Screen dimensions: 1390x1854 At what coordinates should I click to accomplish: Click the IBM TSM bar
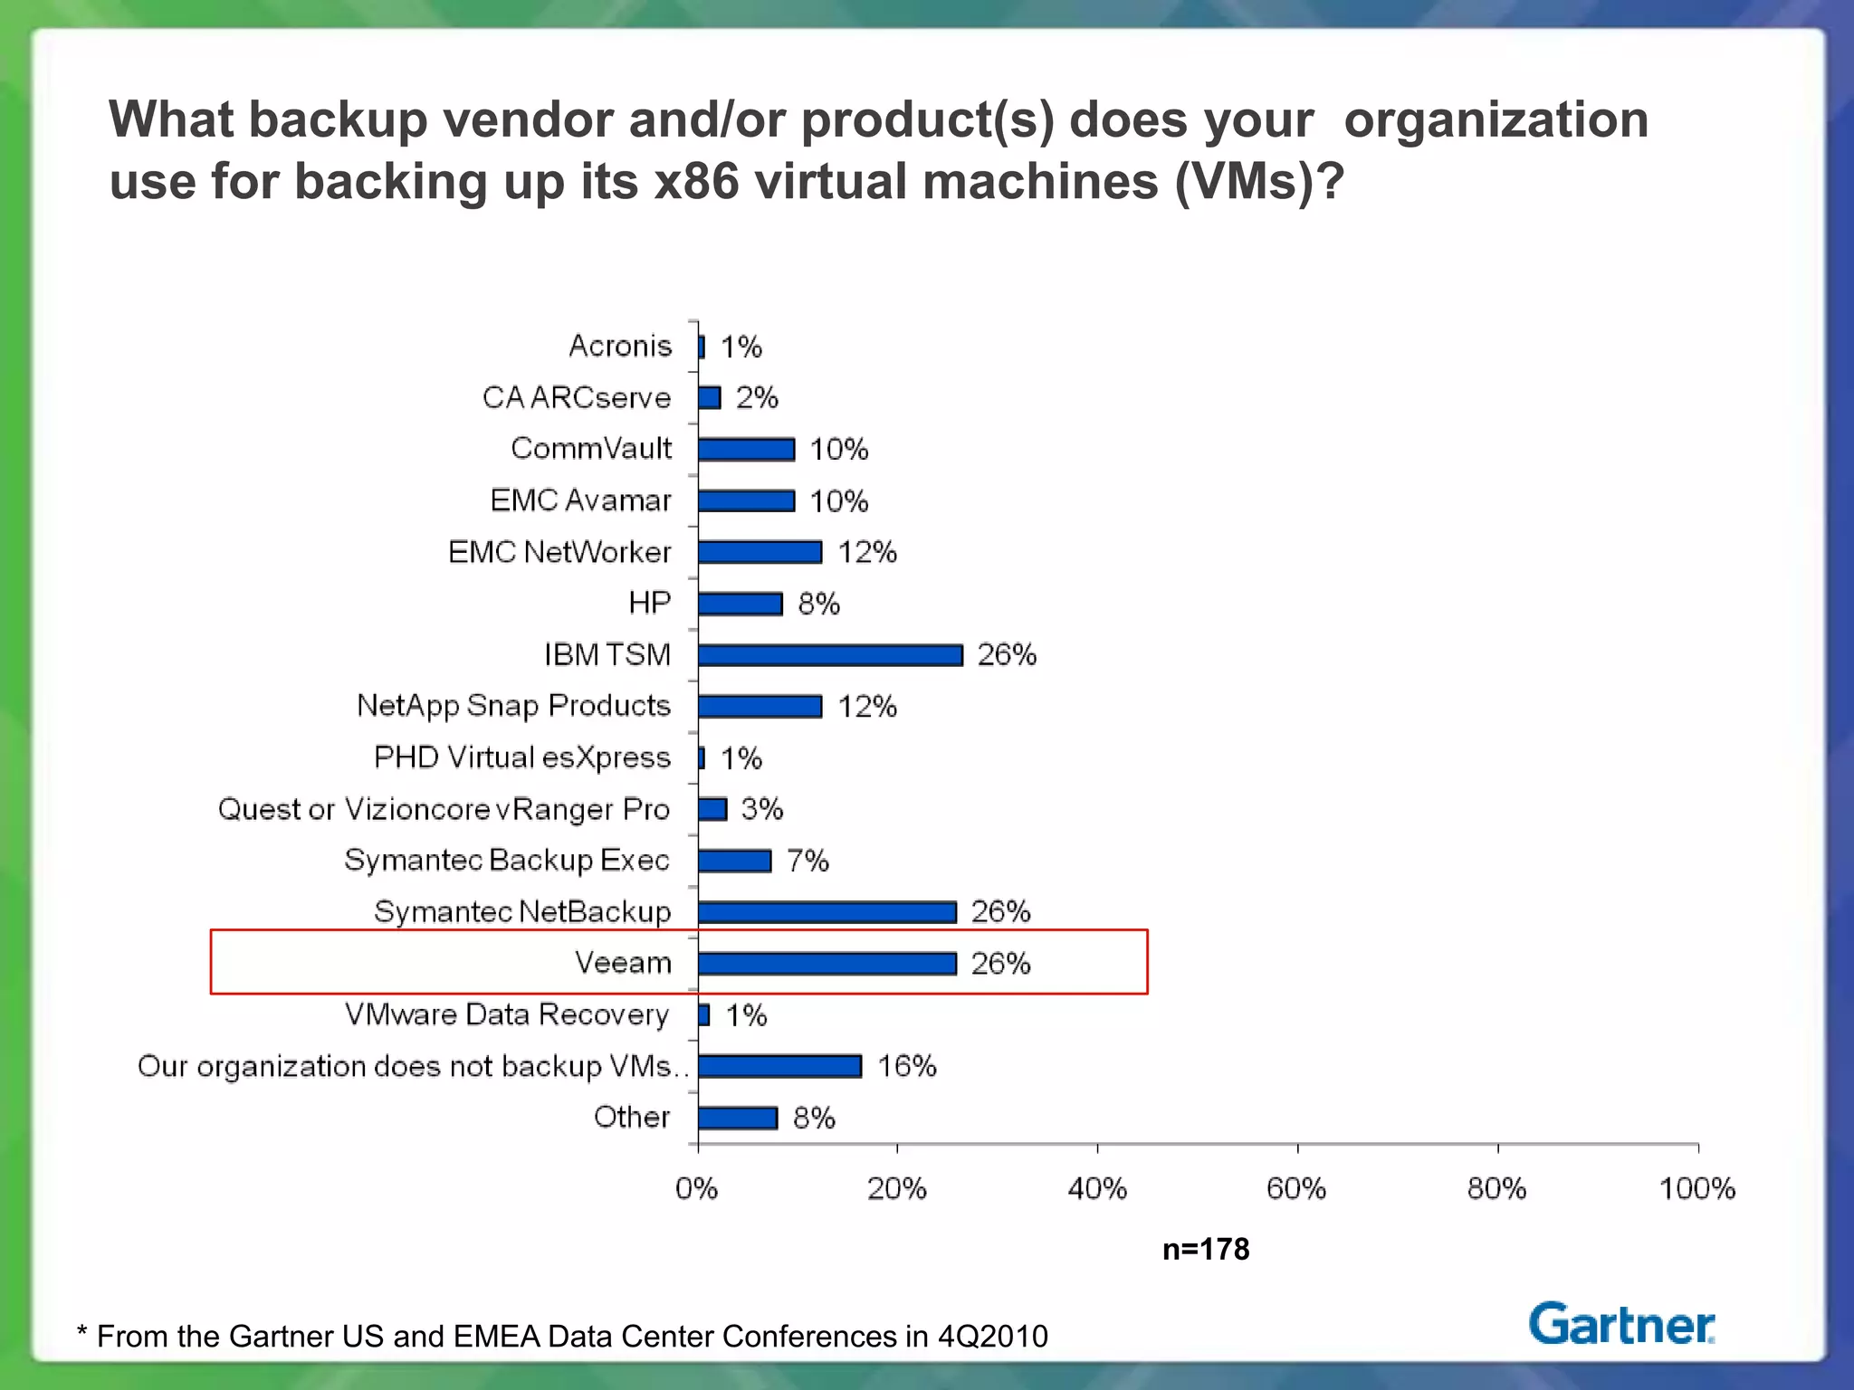tap(830, 655)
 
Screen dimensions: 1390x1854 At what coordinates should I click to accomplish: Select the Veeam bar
tap(827, 964)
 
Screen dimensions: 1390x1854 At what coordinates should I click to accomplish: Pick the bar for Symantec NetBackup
tap(827, 912)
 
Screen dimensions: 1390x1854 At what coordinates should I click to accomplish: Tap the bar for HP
tap(740, 604)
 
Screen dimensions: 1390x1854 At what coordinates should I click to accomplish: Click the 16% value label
tap(906, 1066)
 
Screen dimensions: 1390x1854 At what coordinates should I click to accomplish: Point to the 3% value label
tap(761, 809)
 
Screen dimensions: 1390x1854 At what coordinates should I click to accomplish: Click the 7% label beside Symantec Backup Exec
tap(808, 861)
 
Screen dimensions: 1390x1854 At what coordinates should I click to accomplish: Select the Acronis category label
tap(620, 346)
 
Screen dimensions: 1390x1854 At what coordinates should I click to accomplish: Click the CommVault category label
tap(591, 448)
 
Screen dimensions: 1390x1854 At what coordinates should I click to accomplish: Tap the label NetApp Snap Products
tap(513, 706)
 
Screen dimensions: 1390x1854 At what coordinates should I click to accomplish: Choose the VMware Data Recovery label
tap(507, 1014)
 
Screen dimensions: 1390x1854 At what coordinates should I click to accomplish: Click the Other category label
tap(632, 1117)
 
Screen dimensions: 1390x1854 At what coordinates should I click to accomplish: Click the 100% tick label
tap(1696, 1188)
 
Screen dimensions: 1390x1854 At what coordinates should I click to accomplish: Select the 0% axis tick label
tap(697, 1188)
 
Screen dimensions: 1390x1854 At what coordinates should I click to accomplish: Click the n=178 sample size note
tap(1205, 1249)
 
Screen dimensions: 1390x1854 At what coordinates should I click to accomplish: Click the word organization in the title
tap(1496, 119)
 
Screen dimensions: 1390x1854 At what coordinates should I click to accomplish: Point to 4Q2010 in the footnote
tap(992, 1336)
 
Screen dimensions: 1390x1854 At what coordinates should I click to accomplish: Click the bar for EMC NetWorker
tap(760, 552)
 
